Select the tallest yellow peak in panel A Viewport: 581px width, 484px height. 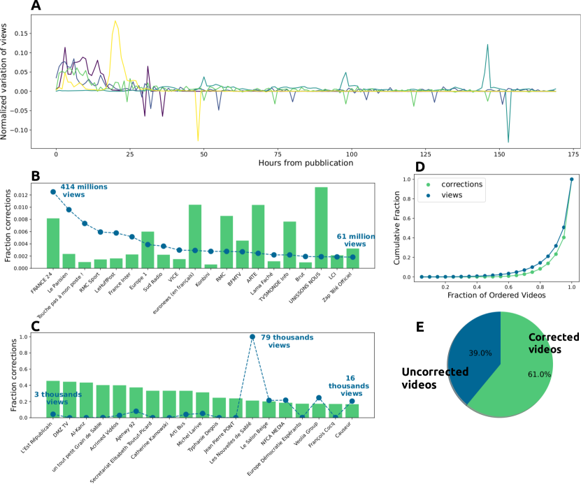[115, 22]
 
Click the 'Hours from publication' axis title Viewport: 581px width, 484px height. [306, 163]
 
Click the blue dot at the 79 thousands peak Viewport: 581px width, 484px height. [252, 337]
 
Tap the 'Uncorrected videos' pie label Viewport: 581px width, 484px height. [434, 378]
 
